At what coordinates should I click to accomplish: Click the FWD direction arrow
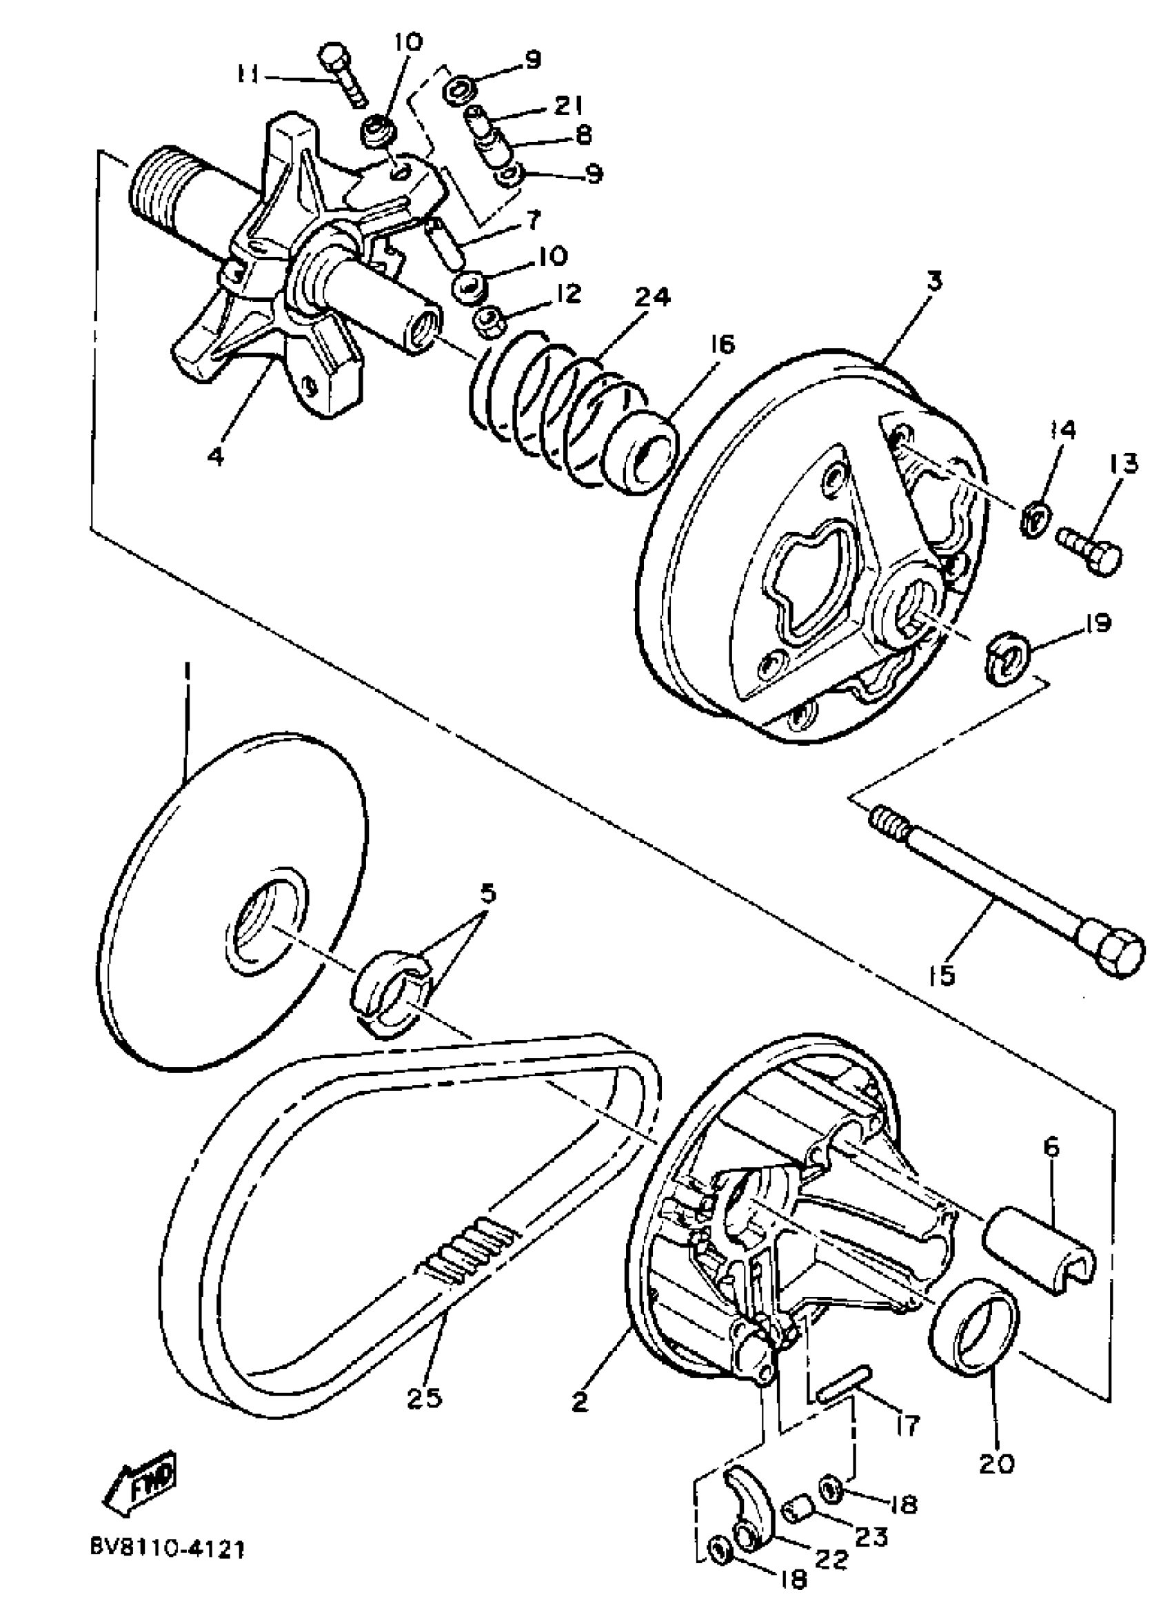141,1483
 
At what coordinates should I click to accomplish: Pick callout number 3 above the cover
934,281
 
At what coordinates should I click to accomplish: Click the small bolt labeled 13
1091,552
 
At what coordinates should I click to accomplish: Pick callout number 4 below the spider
215,456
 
